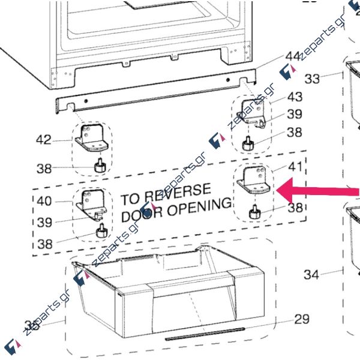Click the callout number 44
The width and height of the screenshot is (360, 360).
[293, 56]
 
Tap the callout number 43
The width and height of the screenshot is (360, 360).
[295, 97]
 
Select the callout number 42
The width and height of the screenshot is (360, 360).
[43, 140]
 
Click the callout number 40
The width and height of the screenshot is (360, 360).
[44, 202]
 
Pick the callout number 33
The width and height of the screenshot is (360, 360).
[313, 78]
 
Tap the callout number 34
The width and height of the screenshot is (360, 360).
[311, 275]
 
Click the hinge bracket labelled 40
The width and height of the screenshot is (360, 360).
[91, 203]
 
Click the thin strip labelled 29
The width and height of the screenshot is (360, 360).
[205, 334]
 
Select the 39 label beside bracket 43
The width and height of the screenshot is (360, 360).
[294, 115]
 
